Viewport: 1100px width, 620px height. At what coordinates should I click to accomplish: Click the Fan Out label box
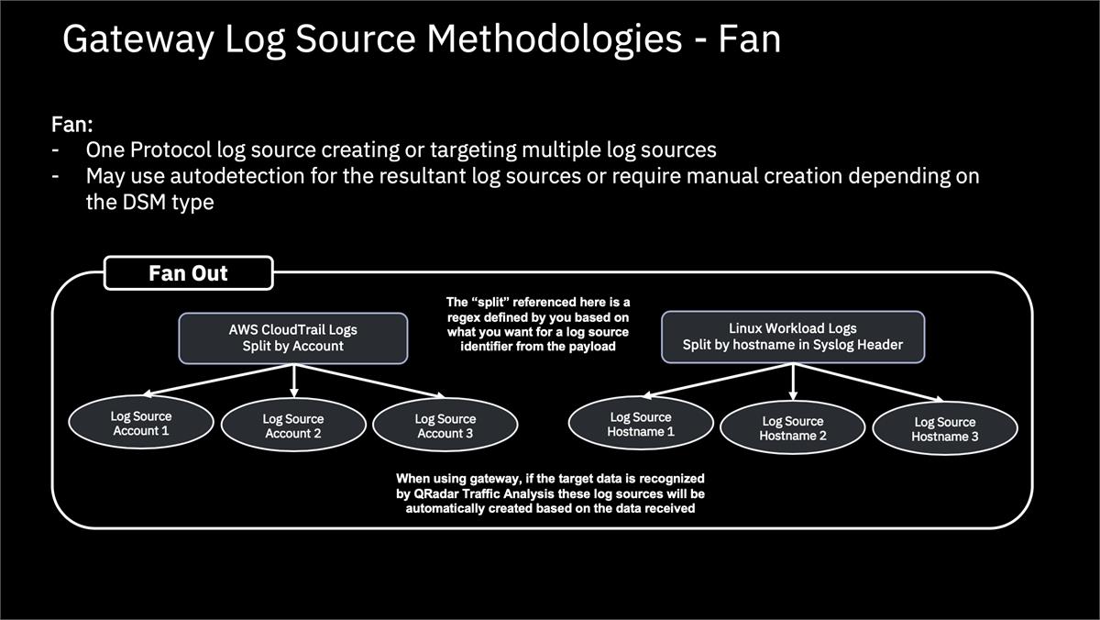click(189, 273)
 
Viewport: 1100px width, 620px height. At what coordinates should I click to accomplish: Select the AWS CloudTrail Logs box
click(292, 338)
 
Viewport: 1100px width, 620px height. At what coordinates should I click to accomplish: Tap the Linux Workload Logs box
click(792, 337)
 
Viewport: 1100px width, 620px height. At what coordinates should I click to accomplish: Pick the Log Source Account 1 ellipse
click(140, 423)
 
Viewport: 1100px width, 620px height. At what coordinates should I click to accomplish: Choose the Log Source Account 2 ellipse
click(292, 426)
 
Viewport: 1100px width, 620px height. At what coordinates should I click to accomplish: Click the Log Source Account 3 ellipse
click(445, 426)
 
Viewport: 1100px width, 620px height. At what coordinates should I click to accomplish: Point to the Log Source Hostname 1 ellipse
click(640, 423)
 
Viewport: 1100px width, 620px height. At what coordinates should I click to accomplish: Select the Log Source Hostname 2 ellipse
click(792, 428)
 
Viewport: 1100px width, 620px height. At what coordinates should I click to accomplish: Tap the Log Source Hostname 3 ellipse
click(944, 429)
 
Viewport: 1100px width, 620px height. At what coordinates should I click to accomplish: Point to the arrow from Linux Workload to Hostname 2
click(792, 380)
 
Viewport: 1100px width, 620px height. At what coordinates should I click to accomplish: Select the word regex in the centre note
click(465, 316)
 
